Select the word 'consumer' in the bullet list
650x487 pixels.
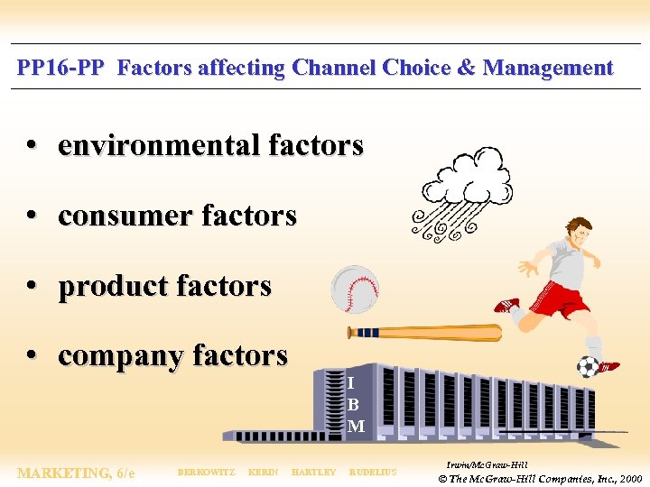(x=125, y=216)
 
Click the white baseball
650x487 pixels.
(x=355, y=289)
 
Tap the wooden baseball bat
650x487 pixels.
(x=424, y=333)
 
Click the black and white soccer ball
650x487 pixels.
(x=588, y=366)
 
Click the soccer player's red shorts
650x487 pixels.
(x=559, y=299)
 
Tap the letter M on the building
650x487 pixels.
(x=356, y=426)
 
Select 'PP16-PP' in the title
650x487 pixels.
(x=60, y=68)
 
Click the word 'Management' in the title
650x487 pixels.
(x=548, y=68)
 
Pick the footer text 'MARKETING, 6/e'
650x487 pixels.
(x=76, y=473)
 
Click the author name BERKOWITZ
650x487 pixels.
(x=206, y=473)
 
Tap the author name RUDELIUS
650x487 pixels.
(x=373, y=473)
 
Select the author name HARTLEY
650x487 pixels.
(x=313, y=473)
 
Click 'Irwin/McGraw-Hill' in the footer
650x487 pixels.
(x=487, y=464)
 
